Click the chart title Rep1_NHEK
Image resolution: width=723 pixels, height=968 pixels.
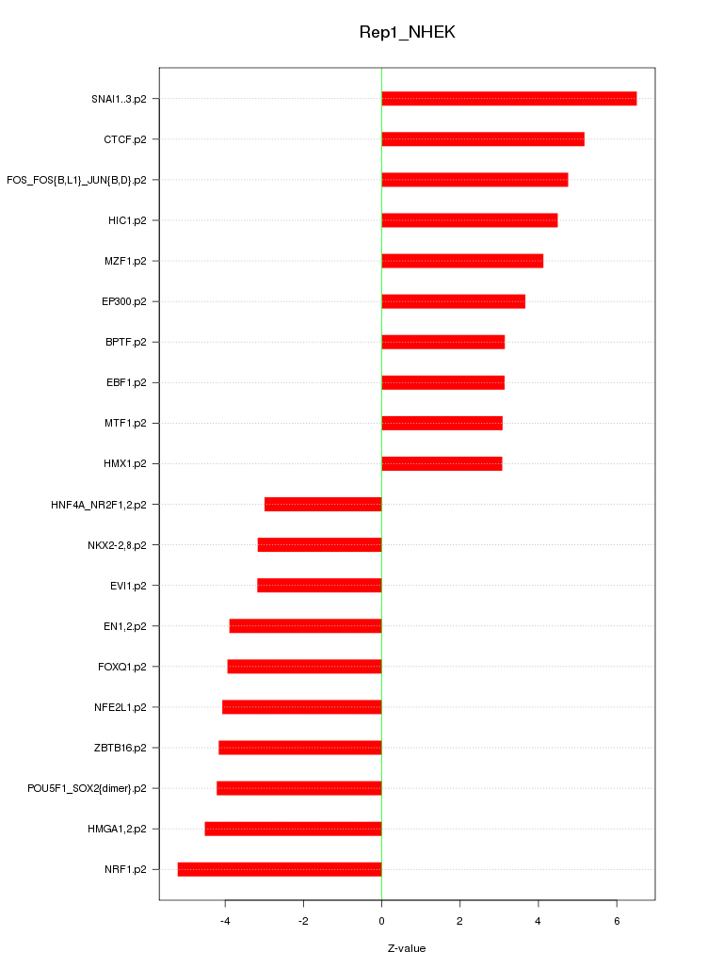(407, 32)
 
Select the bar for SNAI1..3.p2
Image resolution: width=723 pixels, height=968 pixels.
(508, 99)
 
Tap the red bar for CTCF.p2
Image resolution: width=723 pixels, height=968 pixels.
(482, 139)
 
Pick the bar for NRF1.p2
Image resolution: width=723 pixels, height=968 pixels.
(280, 869)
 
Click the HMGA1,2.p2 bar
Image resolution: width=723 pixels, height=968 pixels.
(293, 829)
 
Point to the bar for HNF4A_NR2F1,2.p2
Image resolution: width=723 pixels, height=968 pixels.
(323, 505)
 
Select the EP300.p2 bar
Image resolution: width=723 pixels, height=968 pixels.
(453, 301)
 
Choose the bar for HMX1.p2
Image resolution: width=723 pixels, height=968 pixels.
(442, 463)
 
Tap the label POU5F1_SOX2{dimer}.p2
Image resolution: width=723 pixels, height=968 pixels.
(87, 788)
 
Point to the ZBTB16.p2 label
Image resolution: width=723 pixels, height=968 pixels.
(120, 748)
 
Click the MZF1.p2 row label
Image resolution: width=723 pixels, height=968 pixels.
(125, 261)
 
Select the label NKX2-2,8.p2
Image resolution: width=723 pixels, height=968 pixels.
(117, 545)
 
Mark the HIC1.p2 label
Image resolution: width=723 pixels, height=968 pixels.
(127, 220)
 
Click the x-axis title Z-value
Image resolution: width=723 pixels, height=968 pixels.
(407, 948)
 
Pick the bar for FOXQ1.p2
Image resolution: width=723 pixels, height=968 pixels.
(304, 667)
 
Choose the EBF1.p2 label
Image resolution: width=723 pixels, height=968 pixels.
(126, 382)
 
